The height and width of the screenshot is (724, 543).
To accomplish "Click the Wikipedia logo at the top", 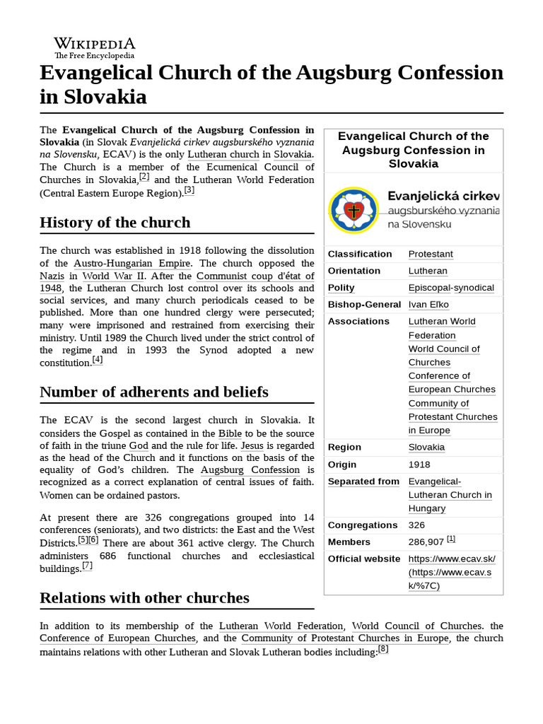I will click(x=94, y=47).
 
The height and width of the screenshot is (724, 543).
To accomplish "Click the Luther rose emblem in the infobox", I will click(x=354, y=211).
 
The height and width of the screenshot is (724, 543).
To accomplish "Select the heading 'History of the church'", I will click(x=115, y=223).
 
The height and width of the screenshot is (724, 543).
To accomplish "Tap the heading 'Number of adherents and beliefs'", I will click(x=154, y=392).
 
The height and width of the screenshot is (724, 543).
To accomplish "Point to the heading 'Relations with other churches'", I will click(x=144, y=597).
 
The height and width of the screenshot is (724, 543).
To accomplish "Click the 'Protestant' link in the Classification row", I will click(x=431, y=254).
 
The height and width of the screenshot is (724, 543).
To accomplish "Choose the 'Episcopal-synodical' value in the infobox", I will click(x=451, y=288).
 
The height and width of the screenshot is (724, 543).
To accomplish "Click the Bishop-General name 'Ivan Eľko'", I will click(x=428, y=305).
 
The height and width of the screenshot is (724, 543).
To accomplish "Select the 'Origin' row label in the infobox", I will click(x=342, y=465).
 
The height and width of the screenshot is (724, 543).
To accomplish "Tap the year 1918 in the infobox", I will click(x=419, y=465).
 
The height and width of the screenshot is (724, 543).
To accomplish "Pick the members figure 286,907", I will click(x=426, y=542).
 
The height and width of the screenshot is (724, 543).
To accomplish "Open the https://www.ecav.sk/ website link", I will click(x=452, y=559).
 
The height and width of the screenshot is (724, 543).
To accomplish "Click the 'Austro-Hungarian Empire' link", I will click(x=132, y=263).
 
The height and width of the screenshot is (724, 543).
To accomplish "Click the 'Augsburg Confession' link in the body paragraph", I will click(x=240, y=469).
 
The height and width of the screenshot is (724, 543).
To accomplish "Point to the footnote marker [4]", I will click(x=98, y=360).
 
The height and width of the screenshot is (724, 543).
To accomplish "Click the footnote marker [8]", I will click(x=383, y=649).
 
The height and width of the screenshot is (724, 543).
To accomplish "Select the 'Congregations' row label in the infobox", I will click(x=363, y=525).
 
